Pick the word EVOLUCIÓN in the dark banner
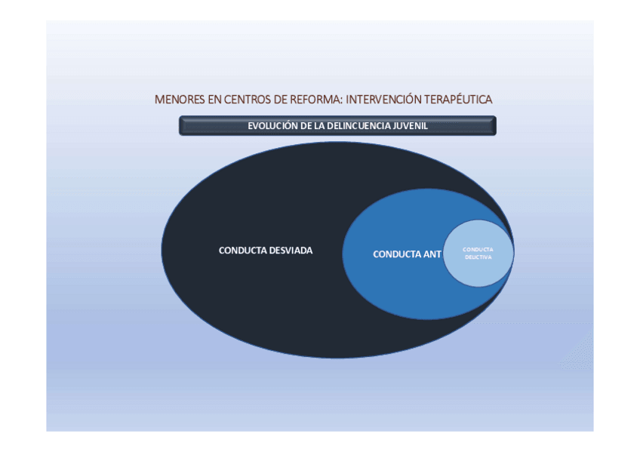tap(272, 126)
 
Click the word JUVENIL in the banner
tap(411, 126)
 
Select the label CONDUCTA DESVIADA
tap(265, 251)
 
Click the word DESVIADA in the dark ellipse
tap(291, 251)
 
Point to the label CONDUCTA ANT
tap(407, 254)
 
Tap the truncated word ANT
tap(432, 254)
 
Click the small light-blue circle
tap(478, 253)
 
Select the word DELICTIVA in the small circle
tap(478, 257)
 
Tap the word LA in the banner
tap(320, 126)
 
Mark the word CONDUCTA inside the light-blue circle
tap(478, 249)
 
